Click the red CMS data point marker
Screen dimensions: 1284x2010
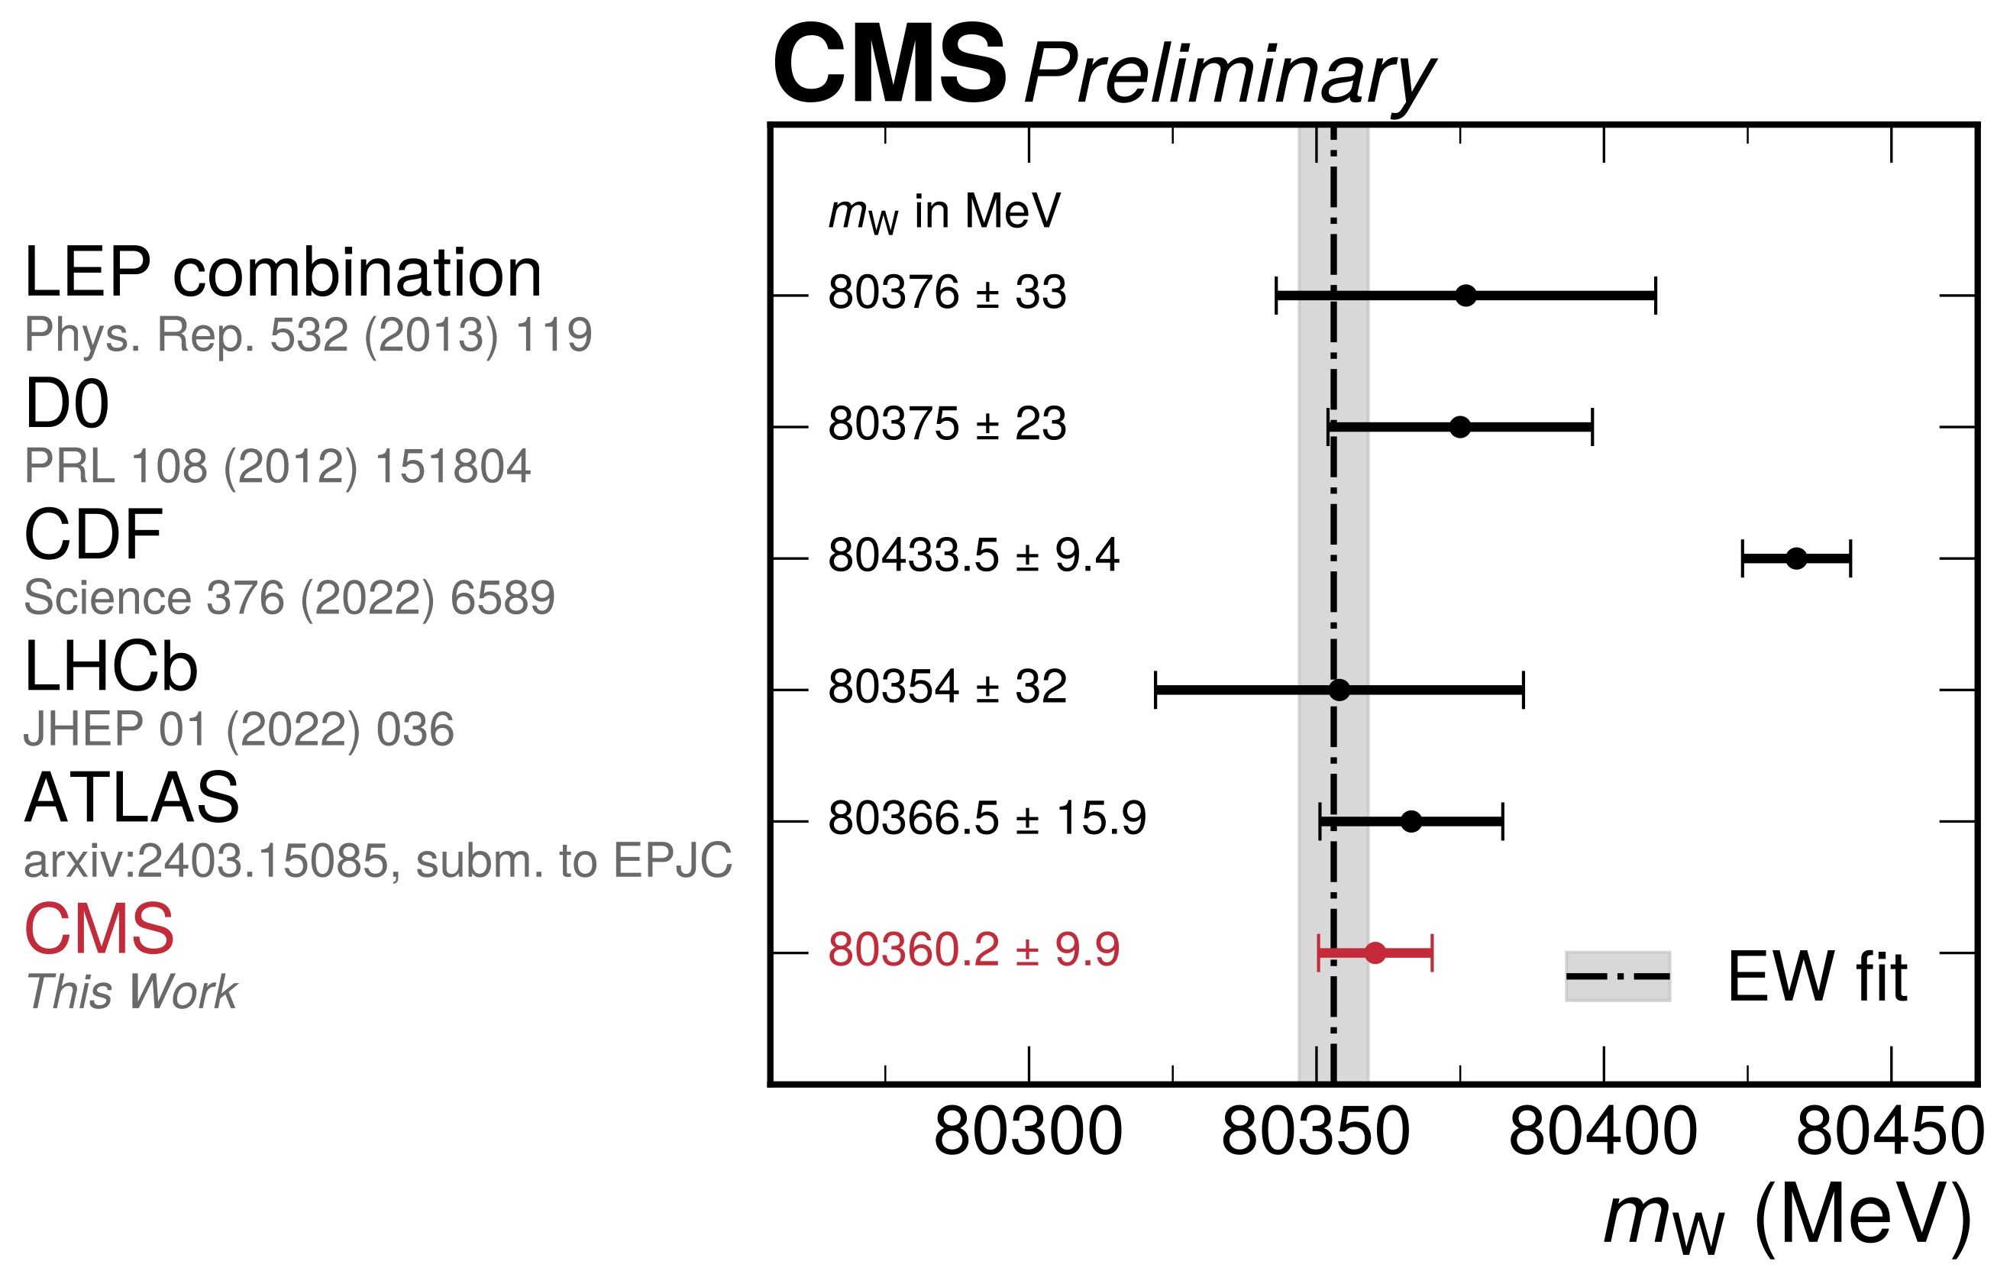click(1375, 952)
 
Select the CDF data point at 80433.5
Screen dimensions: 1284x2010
click(1796, 558)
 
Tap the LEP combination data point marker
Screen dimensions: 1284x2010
click(1465, 296)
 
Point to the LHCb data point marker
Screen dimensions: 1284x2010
click(1339, 691)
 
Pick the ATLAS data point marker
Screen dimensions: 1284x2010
click(1411, 821)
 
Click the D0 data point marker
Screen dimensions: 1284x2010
click(1460, 428)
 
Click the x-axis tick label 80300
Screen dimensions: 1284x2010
click(1029, 1133)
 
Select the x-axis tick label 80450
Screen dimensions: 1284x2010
click(1890, 1133)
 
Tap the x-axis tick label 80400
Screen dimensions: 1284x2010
click(1603, 1133)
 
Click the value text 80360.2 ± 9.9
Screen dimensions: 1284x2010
click(973, 950)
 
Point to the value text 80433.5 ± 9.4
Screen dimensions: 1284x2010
click(973, 556)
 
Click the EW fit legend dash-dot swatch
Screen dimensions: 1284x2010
click(1617, 976)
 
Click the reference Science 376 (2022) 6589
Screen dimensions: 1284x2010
click(289, 598)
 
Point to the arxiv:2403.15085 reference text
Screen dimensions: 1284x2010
click(377, 861)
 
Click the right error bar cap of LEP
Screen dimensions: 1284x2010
click(1655, 296)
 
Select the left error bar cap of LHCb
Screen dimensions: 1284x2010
click(1155, 691)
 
